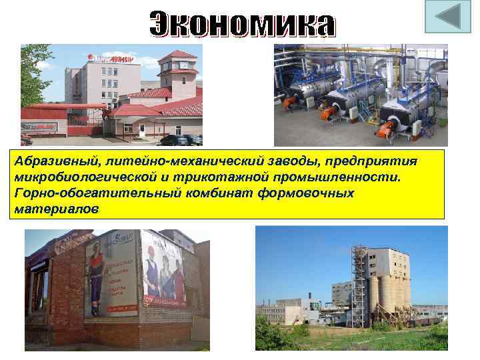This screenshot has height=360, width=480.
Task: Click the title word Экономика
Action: tap(242, 25)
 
